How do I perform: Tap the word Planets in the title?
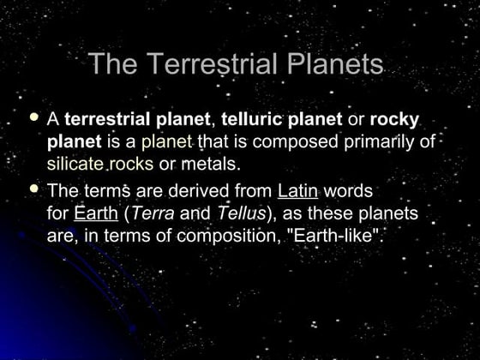330,64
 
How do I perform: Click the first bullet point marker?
34,117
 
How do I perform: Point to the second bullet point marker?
34,188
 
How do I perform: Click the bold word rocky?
393,120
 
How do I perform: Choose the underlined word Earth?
95,213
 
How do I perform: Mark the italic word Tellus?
240,213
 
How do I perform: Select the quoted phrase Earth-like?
338,235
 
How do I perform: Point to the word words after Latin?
347,190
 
